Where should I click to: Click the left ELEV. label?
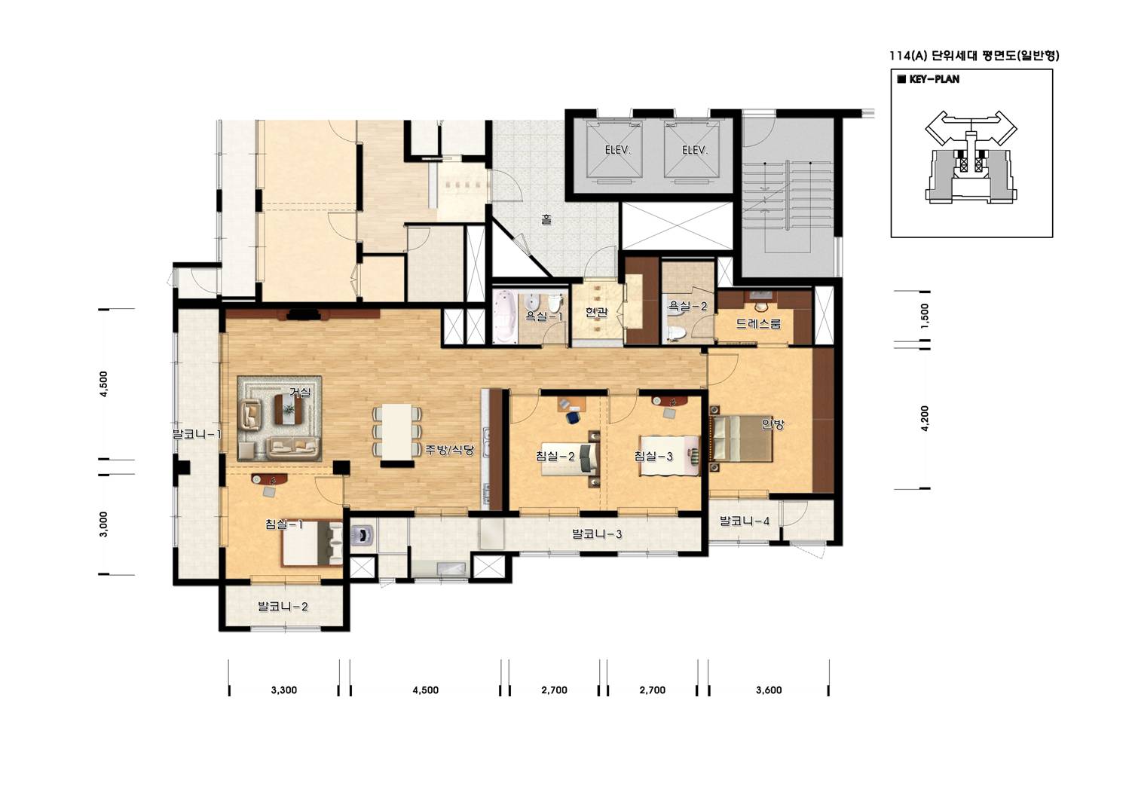pyautogui.click(x=617, y=150)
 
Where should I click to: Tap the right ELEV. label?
pyautogui.click(x=695, y=150)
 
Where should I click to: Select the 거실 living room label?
pyautogui.click(x=300, y=392)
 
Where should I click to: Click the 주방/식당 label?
pyautogui.click(x=449, y=449)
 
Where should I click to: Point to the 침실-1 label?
pyautogui.click(x=284, y=524)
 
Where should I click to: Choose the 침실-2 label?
pyautogui.click(x=555, y=457)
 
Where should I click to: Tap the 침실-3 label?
pyautogui.click(x=653, y=457)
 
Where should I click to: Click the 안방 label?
pyautogui.click(x=773, y=424)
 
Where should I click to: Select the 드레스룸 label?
pyautogui.click(x=758, y=323)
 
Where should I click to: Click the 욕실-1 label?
pyautogui.click(x=544, y=316)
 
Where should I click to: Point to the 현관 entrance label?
pyautogui.click(x=596, y=312)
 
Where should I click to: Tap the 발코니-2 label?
pyautogui.click(x=283, y=606)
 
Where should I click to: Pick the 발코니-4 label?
pyautogui.click(x=745, y=521)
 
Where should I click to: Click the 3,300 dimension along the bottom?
pyautogui.click(x=284, y=690)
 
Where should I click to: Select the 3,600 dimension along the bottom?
pyautogui.click(x=769, y=690)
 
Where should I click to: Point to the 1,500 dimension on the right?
pyautogui.click(x=925, y=316)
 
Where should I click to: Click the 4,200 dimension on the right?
pyautogui.click(x=925, y=418)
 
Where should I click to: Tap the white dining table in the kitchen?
pyautogui.click(x=397, y=432)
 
